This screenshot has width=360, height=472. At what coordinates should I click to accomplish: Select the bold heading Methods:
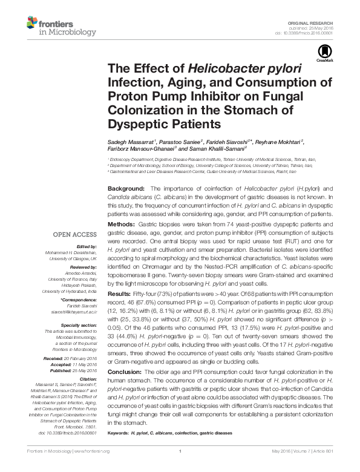pos(122,224)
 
